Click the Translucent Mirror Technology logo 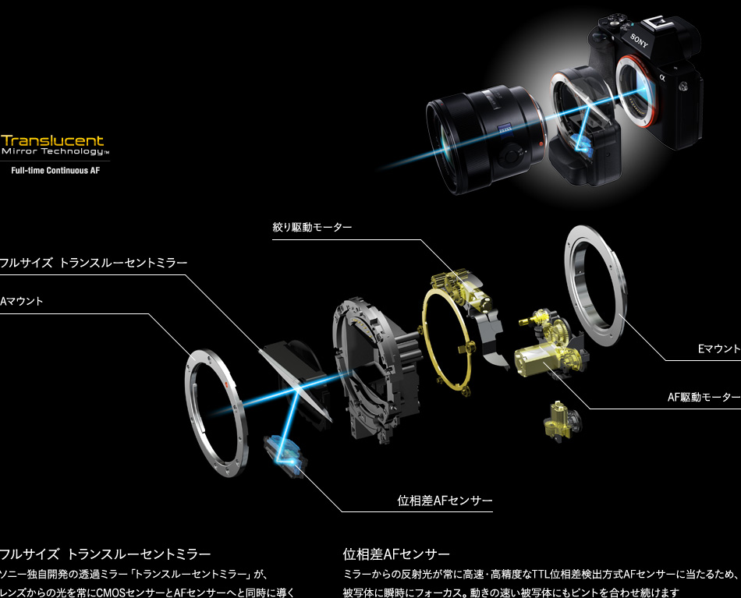click(52, 146)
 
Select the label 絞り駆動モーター click(312, 227)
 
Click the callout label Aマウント click(23, 300)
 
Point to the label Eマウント click(718, 349)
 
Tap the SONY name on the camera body click(639, 41)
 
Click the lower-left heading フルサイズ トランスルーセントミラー click(106, 554)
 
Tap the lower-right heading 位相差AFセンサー click(396, 554)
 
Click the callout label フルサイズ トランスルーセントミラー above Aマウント click(94, 263)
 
